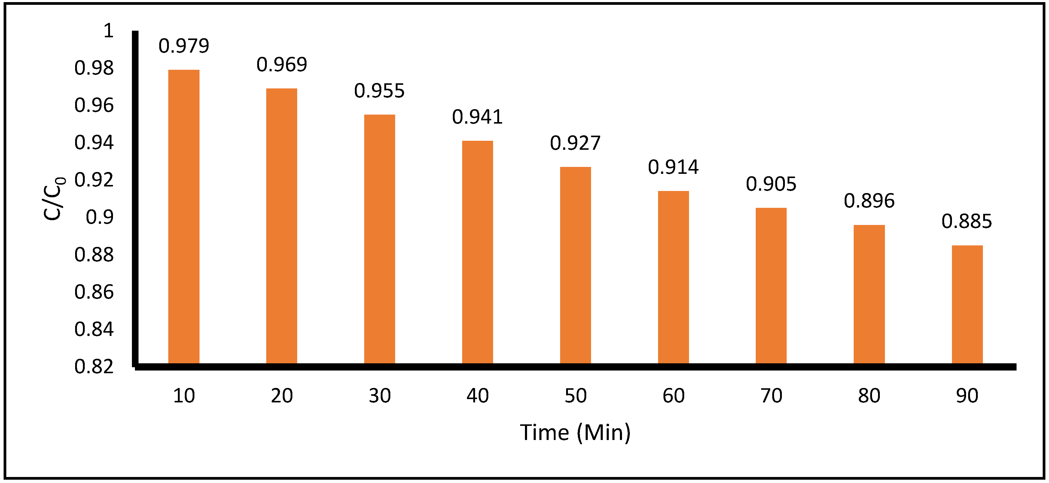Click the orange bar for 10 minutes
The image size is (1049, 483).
(x=184, y=216)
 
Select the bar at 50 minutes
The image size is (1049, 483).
(x=575, y=265)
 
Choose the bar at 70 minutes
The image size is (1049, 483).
(x=771, y=285)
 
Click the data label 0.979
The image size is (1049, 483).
(x=184, y=46)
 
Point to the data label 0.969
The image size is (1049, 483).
(x=281, y=64)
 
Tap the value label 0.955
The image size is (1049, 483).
(x=379, y=91)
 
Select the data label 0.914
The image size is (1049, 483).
(x=673, y=167)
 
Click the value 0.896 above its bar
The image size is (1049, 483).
(x=869, y=201)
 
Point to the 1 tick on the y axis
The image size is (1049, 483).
(x=108, y=31)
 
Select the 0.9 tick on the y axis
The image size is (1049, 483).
(x=99, y=217)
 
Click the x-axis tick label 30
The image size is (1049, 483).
(x=380, y=396)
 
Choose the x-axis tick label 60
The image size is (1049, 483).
(x=673, y=396)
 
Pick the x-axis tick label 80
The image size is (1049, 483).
(x=869, y=396)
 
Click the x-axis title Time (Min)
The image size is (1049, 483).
(x=575, y=432)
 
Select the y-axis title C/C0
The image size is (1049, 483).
(x=54, y=198)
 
